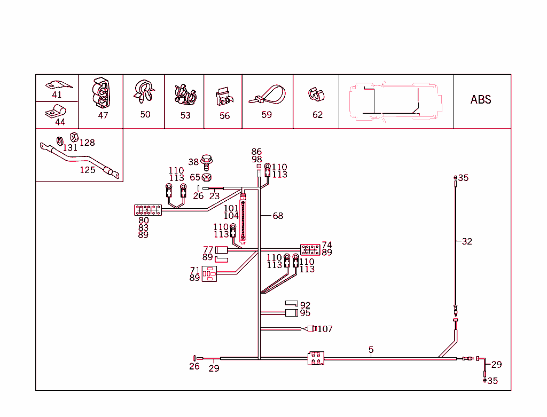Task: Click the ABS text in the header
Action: (x=480, y=99)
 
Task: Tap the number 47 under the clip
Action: (x=103, y=115)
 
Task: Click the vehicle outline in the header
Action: (x=396, y=100)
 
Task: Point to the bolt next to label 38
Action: (x=208, y=161)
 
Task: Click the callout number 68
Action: (x=278, y=216)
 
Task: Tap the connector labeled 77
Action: (x=221, y=249)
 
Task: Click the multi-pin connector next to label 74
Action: (x=310, y=249)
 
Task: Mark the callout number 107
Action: (x=325, y=329)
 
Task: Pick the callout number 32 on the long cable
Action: (x=467, y=241)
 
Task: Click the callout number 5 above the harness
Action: (x=371, y=350)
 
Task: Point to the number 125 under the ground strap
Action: (x=87, y=170)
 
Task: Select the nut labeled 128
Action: (x=74, y=137)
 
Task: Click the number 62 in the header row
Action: (x=317, y=115)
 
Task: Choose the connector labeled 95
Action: (x=292, y=313)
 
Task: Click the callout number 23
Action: (x=214, y=196)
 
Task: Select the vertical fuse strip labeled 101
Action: (x=245, y=219)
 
